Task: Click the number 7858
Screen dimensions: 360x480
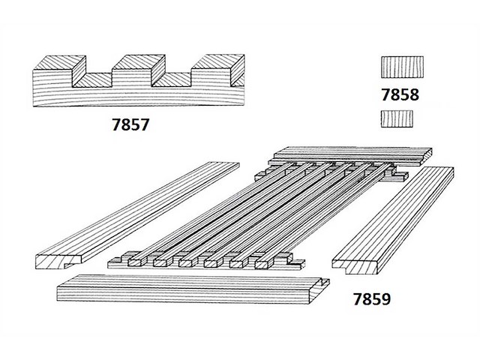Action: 399,96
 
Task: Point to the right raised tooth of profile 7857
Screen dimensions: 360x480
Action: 216,67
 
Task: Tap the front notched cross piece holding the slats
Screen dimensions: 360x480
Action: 206,262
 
